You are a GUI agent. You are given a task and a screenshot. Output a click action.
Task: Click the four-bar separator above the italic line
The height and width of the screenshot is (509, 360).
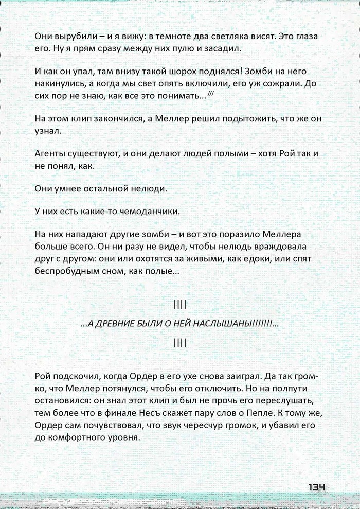coord(180,305)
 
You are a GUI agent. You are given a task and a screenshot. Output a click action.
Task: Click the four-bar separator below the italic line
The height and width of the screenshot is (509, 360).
coord(180,343)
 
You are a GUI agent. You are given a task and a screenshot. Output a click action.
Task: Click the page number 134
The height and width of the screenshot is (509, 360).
coord(318,487)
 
